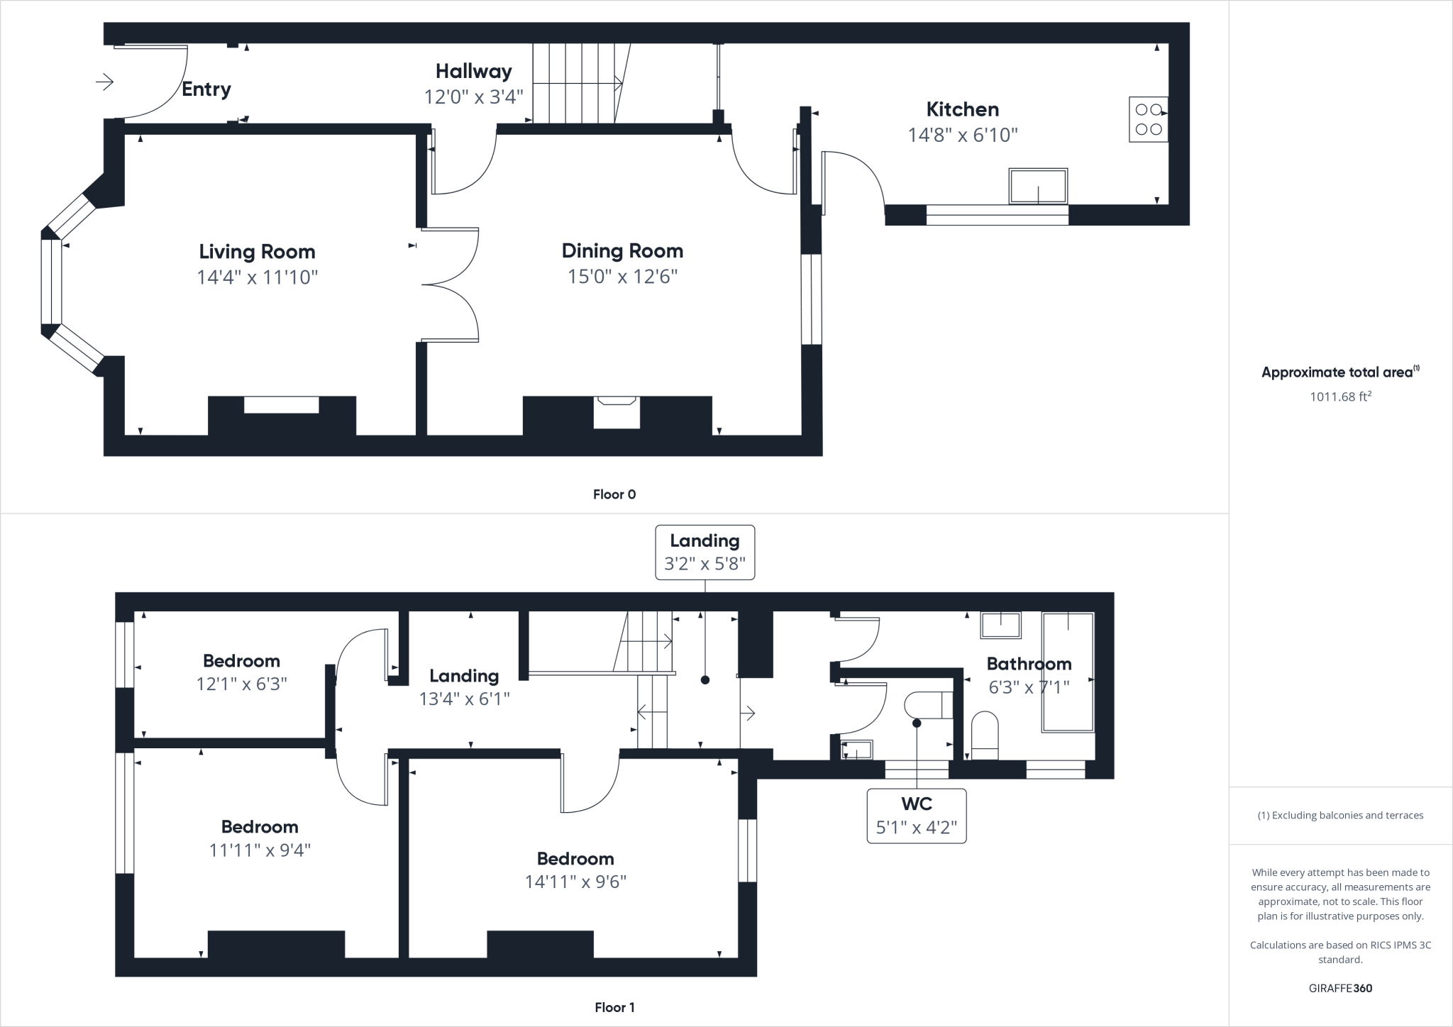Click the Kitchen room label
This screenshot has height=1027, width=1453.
962,109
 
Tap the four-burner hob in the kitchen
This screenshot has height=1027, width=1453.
1148,119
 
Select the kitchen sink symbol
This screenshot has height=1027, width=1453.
1038,186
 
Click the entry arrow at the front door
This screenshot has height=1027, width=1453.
105,82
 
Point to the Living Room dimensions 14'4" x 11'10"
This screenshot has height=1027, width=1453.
257,277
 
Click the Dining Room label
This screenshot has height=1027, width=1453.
622,251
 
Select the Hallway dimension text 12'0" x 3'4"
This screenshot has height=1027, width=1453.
473,96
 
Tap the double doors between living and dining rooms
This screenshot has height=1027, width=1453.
450,284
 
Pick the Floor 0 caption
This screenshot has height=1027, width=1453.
614,494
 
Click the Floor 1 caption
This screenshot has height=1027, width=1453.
614,1007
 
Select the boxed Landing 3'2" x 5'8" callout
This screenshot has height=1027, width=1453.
705,553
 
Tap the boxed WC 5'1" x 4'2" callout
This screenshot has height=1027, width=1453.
916,816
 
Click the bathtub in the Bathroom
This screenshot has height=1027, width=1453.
1067,672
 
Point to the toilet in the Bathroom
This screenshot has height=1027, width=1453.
984,735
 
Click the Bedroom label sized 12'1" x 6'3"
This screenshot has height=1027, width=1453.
241,661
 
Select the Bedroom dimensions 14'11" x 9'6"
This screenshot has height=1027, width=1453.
575,882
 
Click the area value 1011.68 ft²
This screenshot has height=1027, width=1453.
1339,396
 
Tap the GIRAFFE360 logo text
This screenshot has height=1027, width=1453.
1340,988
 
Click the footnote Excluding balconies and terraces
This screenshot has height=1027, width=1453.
1340,815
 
